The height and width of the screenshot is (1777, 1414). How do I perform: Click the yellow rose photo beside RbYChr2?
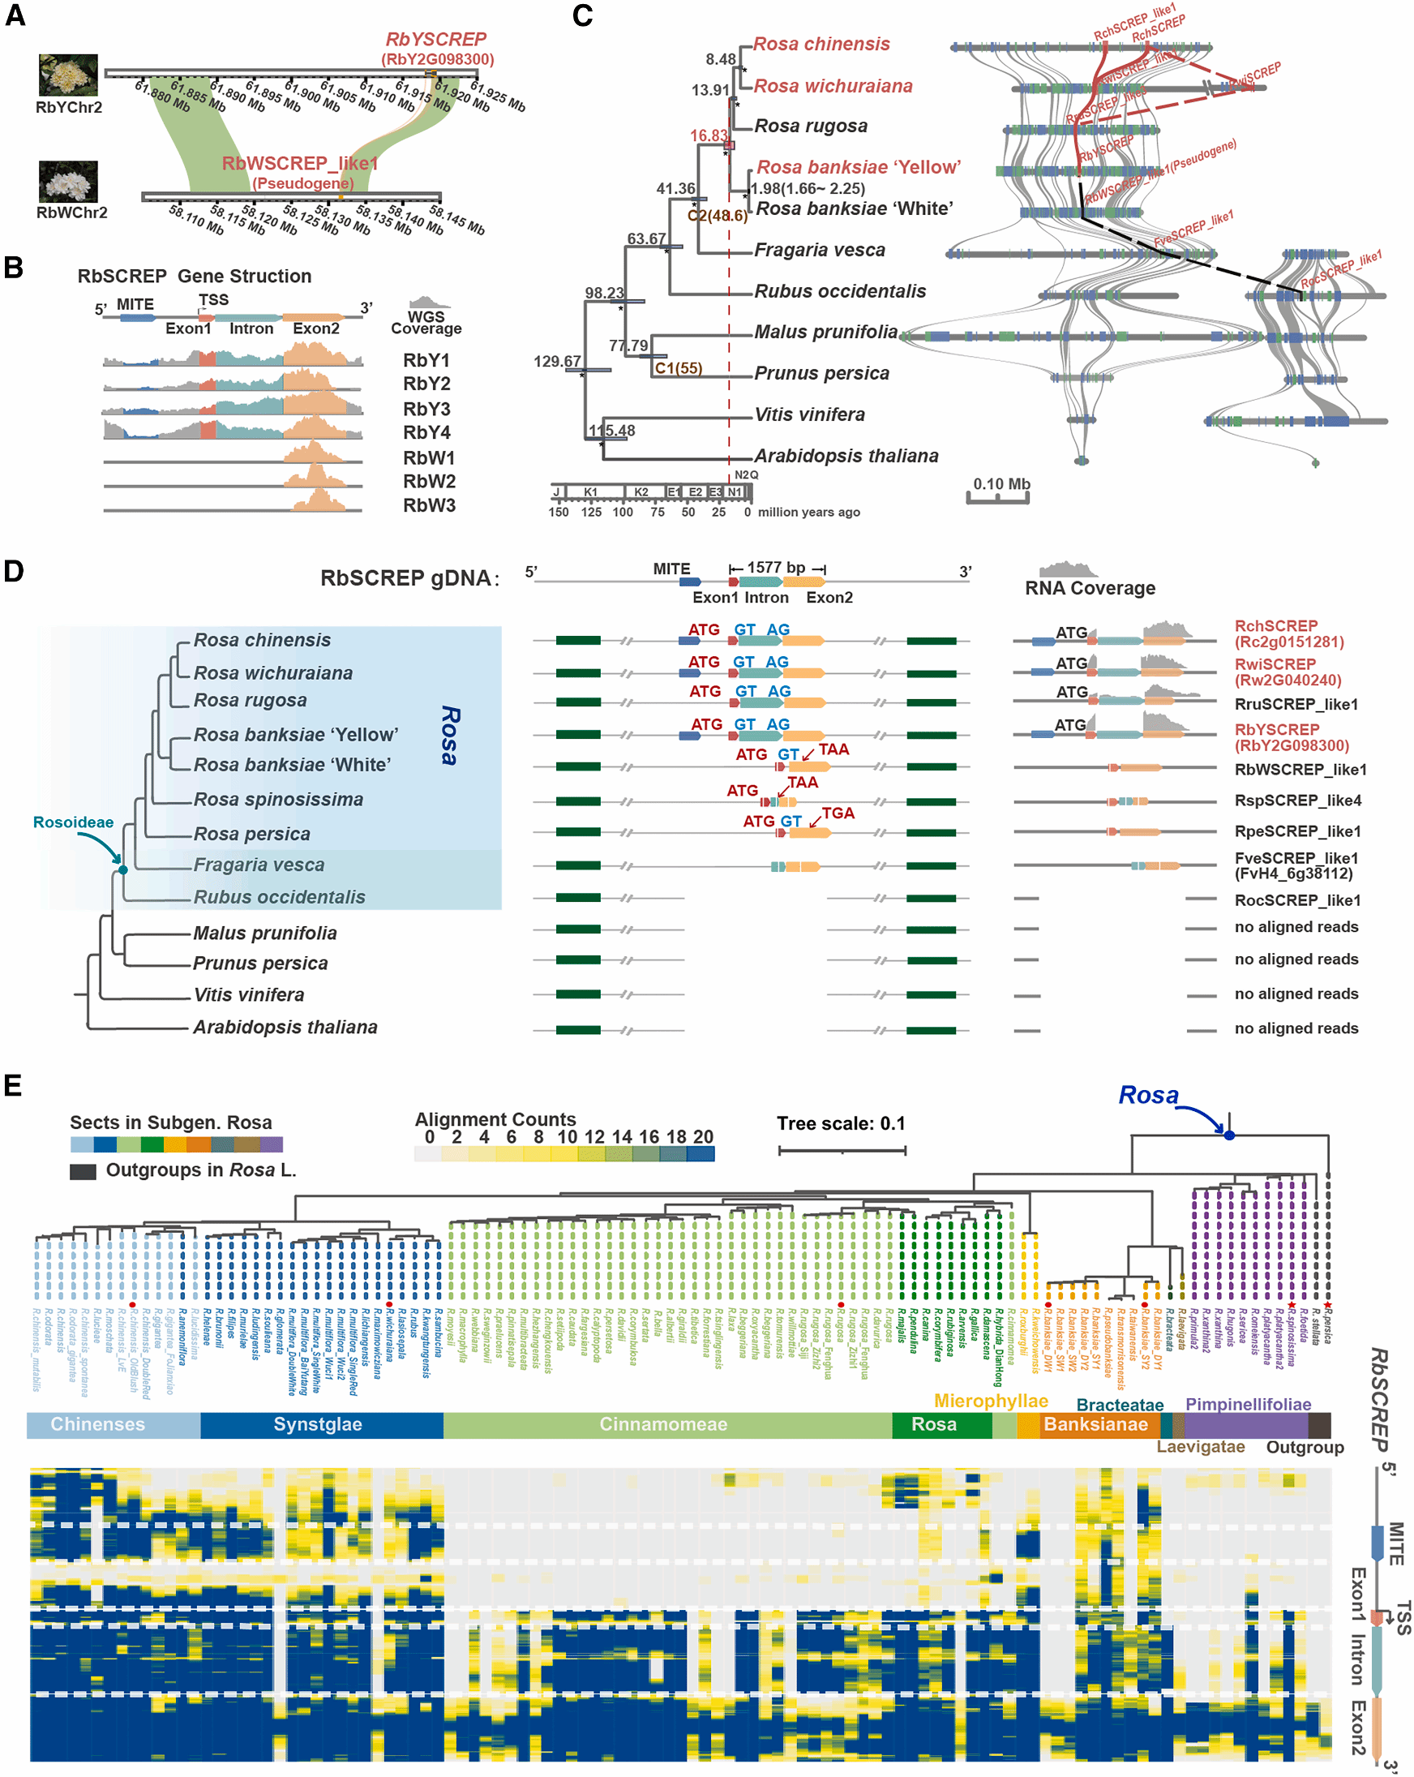67,75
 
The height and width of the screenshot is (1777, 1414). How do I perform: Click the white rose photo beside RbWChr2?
67,182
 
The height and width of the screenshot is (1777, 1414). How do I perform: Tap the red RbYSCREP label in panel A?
436,40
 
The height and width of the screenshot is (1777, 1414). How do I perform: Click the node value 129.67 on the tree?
557,361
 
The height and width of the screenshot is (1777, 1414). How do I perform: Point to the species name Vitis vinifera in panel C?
809,414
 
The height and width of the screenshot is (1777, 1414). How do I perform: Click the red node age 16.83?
709,135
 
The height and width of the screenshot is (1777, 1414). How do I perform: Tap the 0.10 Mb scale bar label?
1001,484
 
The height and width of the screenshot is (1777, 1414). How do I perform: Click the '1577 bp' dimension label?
775,567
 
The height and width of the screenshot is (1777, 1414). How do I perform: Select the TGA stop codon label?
838,813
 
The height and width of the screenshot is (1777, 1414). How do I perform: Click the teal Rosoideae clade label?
73,822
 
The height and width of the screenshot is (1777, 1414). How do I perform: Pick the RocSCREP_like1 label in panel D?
1297,900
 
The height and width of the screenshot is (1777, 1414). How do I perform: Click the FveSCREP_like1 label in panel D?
1296,858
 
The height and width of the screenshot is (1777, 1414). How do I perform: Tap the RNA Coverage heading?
1090,588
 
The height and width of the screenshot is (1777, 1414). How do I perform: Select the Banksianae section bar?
1095,1423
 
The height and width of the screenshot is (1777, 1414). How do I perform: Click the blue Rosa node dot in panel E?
1228,1135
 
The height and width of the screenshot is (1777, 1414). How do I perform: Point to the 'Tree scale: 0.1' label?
841,1123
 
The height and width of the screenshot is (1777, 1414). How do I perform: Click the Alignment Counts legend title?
495,1119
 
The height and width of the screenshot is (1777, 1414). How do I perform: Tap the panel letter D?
14,571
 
